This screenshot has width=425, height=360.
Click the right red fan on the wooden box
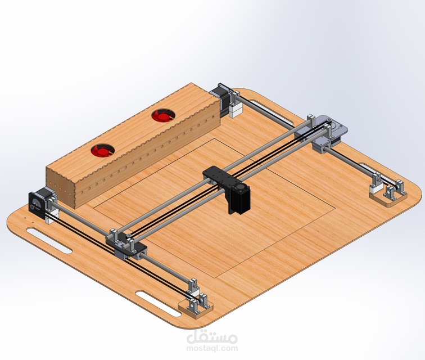[x=162, y=116]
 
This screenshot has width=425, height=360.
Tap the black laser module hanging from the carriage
[x=238, y=200]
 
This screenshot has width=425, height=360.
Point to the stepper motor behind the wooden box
[x=220, y=96]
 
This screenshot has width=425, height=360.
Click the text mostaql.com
[x=211, y=348]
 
